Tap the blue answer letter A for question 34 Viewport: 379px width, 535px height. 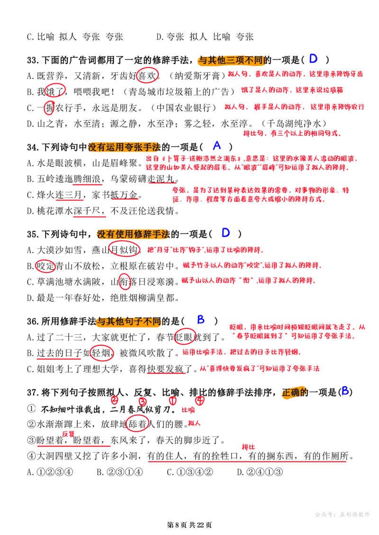tap(217, 146)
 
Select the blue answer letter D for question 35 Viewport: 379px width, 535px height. tap(226, 233)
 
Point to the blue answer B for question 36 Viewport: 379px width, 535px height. tap(201, 320)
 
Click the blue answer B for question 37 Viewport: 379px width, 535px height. tap(345, 391)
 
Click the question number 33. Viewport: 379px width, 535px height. tap(33, 61)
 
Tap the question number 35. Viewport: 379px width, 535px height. tap(33, 234)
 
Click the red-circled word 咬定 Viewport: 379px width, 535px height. tap(46, 266)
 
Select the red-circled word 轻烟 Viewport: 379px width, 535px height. tap(101, 352)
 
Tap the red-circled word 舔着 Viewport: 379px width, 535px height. tap(138, 424)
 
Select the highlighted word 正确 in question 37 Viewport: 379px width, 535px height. tap(291, 392)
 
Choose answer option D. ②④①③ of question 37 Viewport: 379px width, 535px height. tap(260, 472)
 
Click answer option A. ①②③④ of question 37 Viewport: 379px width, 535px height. tap(50, 472)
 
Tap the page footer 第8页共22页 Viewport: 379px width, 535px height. tap(189, 525)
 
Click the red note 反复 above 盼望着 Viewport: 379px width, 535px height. tap(68, 434)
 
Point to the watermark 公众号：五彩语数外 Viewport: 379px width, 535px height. tap(342, 514)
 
